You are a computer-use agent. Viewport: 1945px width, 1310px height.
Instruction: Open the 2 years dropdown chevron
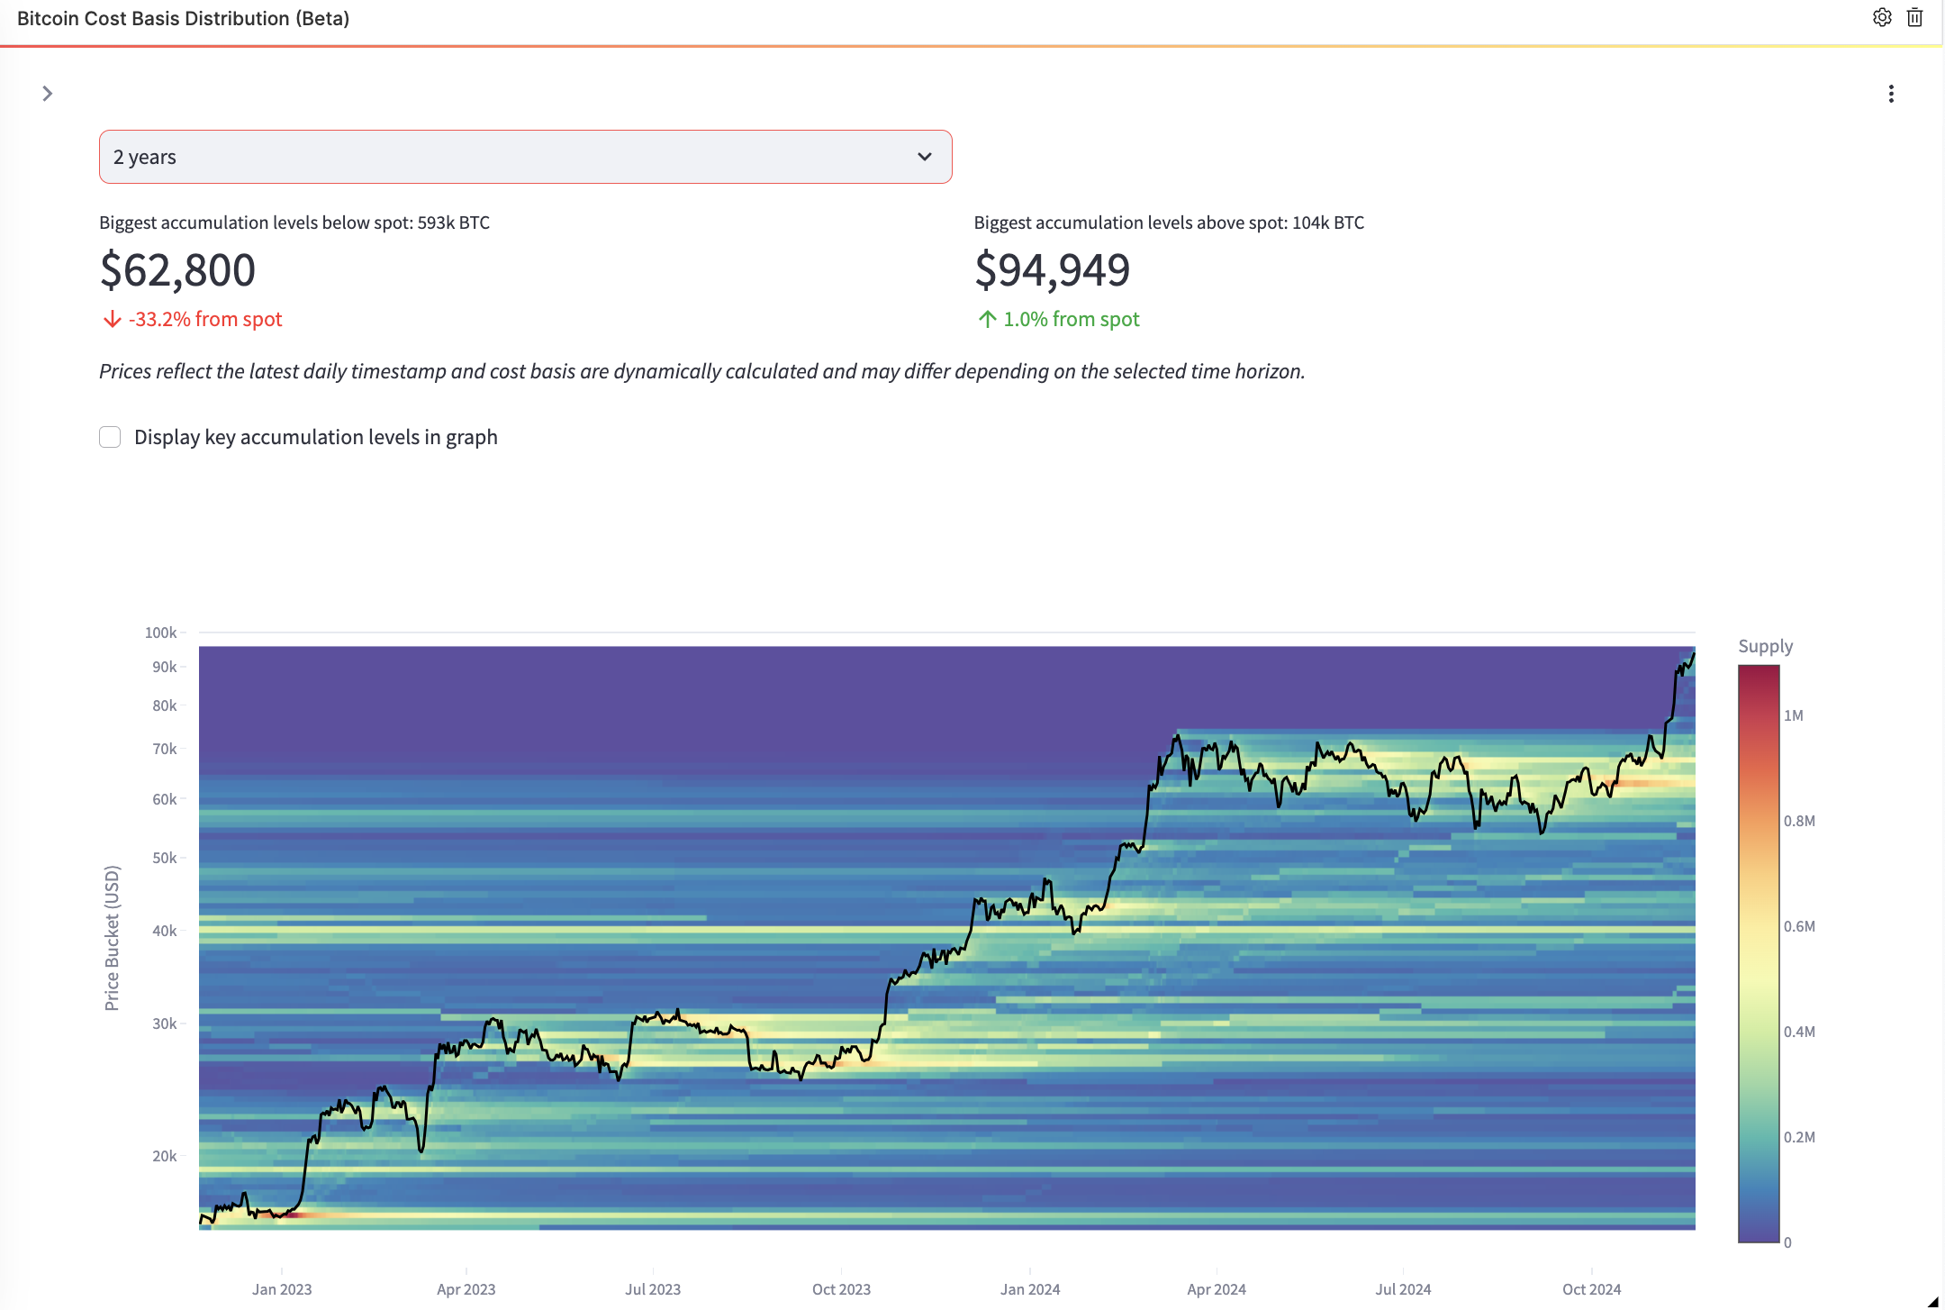[924, 157]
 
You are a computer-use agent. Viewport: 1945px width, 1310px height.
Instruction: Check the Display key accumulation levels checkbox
[110, 437]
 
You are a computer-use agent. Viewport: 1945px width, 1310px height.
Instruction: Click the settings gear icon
[1882, 17]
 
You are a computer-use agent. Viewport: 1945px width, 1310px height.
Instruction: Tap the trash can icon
[1915, 17]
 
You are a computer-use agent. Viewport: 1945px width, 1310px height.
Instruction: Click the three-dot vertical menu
[1891, 94]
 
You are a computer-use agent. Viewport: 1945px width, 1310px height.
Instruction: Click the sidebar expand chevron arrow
[48, 94]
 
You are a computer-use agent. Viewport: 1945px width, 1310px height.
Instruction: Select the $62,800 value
[177, 270]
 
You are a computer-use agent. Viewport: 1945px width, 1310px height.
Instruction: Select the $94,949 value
[1052, 270]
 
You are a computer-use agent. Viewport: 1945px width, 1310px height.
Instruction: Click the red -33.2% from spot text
[205, 319]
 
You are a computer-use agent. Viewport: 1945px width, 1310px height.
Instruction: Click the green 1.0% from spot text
[1072, 319]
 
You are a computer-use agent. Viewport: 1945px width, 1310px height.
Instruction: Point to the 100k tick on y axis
[161, 632]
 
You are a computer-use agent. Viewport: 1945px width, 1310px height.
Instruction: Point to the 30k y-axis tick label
[164, 1023]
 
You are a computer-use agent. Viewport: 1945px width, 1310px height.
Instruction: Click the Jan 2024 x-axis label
[1029, 1289]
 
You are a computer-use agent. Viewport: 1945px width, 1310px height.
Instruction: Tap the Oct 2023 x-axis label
[841, 1289]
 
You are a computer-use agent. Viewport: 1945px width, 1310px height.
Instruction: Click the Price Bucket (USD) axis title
[112, 938]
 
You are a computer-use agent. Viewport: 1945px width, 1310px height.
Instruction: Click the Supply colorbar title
[1765, 646]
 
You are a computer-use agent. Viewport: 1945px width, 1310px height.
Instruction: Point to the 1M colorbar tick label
[1793, 715]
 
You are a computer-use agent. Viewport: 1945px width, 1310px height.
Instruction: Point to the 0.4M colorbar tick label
[1799, 1032]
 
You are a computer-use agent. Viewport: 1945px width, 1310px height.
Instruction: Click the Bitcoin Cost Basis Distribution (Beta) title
[183, 18]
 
